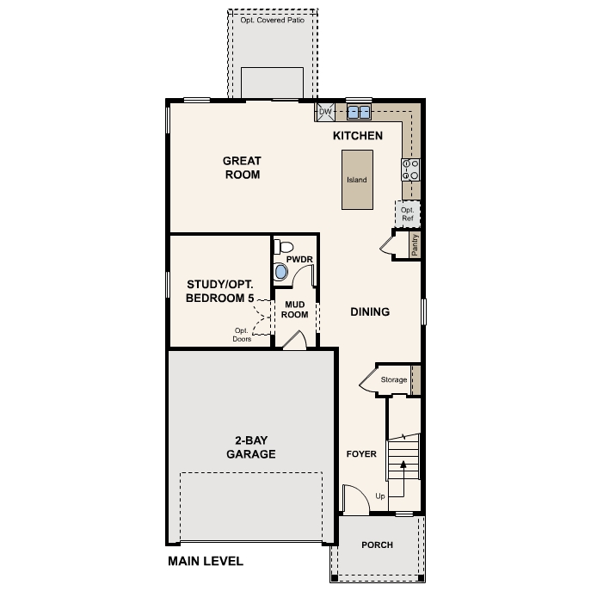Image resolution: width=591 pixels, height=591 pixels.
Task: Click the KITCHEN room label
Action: coord(358,136)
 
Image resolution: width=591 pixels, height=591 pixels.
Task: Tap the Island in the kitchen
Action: coord(357,180)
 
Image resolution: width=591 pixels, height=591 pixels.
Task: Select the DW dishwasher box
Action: coord(325,112)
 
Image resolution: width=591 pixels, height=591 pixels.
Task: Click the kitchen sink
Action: coord(358,112)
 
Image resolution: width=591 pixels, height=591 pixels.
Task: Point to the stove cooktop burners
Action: coord(409,169)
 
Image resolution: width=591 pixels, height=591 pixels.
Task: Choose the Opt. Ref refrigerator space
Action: coord(408,213)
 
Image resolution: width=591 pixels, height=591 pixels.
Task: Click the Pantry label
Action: coord(415,244)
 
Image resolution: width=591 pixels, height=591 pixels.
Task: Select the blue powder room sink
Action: coord(281,273)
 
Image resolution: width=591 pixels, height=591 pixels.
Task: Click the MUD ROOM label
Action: coord(295,309)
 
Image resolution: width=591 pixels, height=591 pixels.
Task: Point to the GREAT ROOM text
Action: coord(242,167)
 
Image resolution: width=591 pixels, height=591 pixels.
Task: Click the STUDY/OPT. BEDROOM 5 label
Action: coord(220,291)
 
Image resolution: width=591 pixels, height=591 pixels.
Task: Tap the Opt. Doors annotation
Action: coord(242,335)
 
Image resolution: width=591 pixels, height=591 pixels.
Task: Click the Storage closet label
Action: coord(394,379)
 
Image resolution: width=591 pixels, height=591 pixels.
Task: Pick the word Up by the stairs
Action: coord(380,496)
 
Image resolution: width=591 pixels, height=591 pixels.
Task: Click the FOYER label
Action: coord(361,453)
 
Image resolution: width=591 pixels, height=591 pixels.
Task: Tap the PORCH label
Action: coord(377,545)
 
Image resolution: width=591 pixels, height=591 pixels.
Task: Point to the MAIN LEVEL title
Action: coord(206,562)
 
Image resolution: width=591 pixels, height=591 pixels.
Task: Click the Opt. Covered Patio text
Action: coord(273,20)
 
